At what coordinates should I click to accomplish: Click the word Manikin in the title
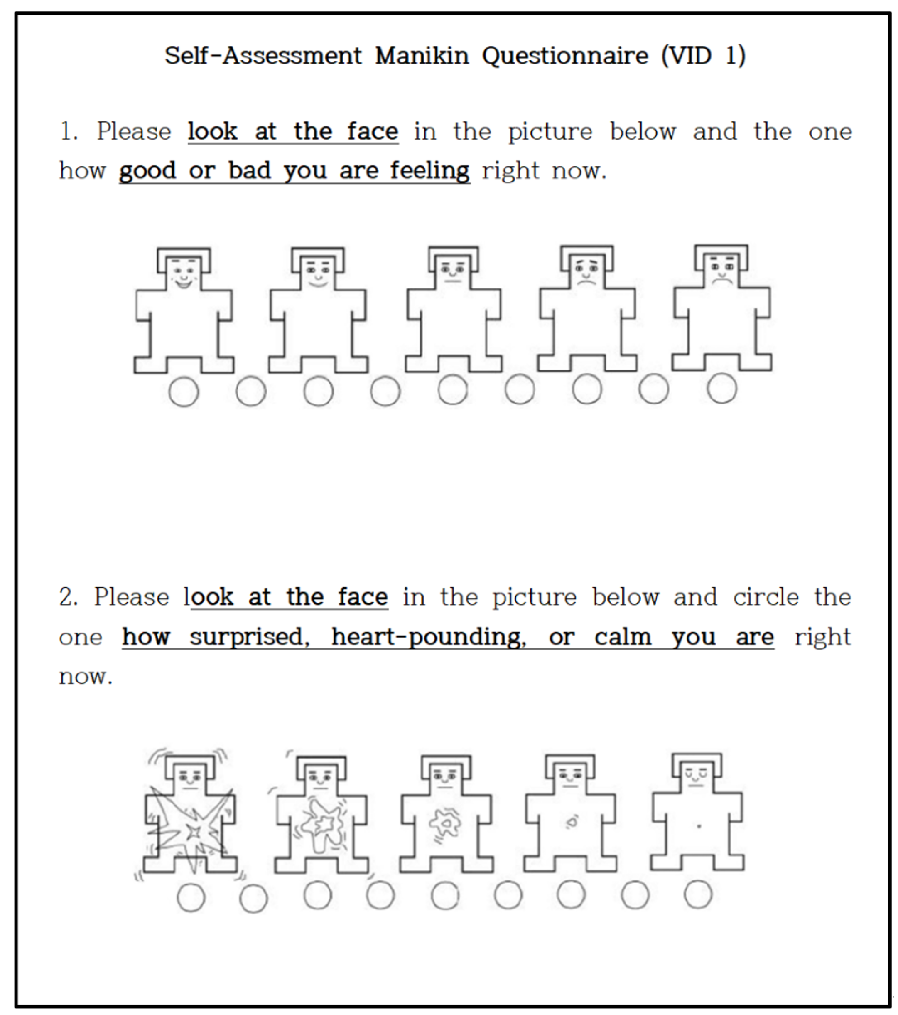[x=422, y=56]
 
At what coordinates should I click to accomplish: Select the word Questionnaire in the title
[x=565, y=56]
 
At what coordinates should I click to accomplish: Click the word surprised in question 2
[x=250, y=637]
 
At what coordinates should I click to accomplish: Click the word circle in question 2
[x=766, y=597]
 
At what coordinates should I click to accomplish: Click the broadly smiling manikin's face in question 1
[x=184, y=273]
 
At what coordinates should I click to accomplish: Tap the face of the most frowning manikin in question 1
[x=722, y=270]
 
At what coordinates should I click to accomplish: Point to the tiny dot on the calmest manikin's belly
[x=699, y=827]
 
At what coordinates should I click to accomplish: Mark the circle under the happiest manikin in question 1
[x=184, y=392]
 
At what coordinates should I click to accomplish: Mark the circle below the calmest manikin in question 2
[x=698, y=894]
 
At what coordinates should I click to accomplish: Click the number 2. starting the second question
[x=69, y=597]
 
